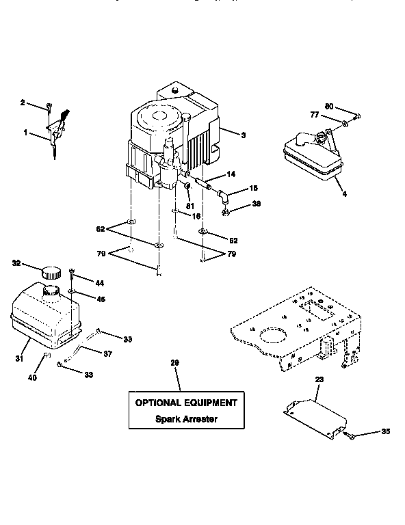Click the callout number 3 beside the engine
click(x=242, y=135)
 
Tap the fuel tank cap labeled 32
click(x=51, y=271)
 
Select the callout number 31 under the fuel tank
click(x=18, y=358)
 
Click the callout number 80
click(x=328, y=106)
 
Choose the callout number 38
click(x=257, y=204)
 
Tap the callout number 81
click(x=190, y=205)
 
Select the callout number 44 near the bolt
click(x=99, y=282)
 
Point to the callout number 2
click(x=23, y=103)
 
